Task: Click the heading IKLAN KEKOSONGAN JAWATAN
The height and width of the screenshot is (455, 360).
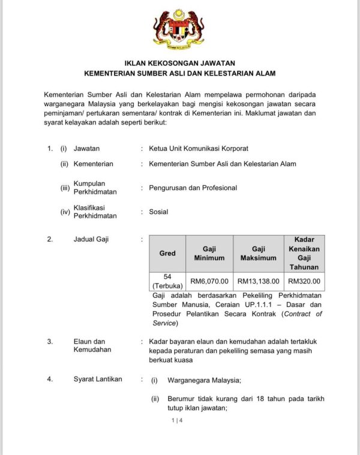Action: point(179,62)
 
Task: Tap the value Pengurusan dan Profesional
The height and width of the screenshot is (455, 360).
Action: point(193,188)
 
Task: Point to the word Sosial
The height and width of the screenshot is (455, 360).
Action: point(158,212)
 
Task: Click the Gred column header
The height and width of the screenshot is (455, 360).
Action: point(167,253)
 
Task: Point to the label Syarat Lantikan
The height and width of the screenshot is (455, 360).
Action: point(98,379)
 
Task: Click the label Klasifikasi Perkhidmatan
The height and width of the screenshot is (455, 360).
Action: point(95,212)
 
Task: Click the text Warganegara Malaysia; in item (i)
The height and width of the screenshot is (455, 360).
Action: point(203,380)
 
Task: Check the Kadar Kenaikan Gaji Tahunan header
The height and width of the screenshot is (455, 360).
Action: point(304,253)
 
